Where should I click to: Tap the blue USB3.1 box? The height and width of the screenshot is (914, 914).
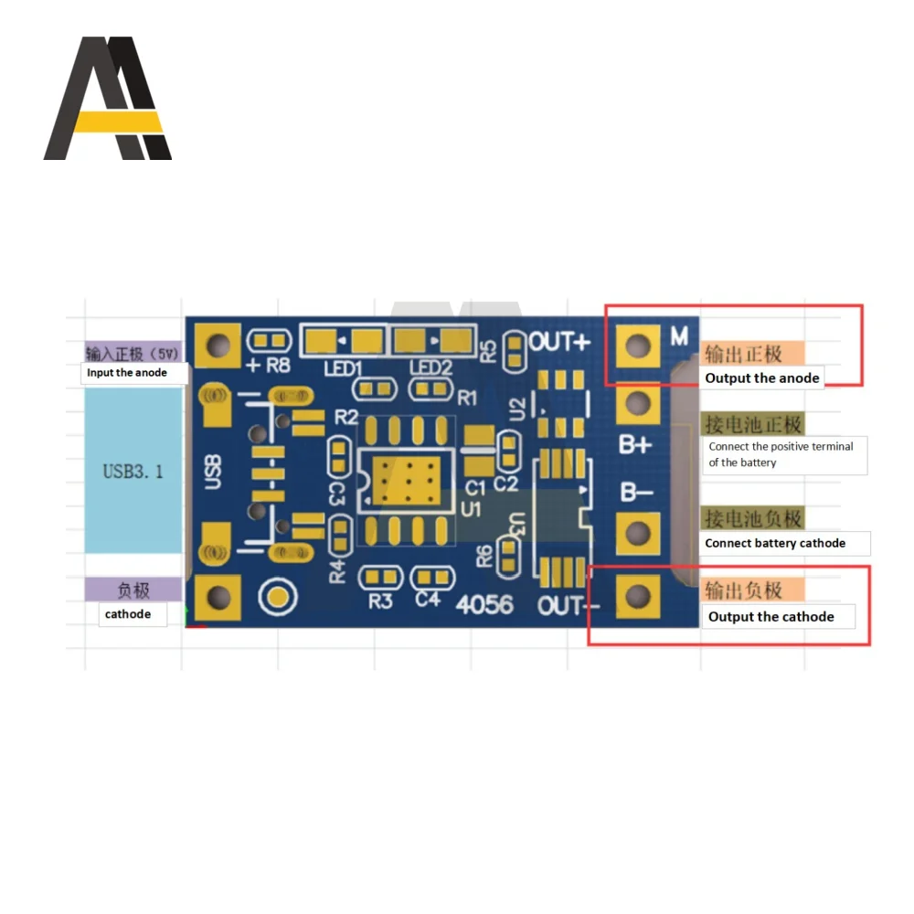pos(133,471)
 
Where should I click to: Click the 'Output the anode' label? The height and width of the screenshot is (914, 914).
pos(762,377)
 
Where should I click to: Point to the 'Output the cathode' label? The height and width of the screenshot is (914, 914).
pos(771,617)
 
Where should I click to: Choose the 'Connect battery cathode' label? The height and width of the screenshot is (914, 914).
pos(775,543)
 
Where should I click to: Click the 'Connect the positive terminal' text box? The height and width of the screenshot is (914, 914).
pos(781,454)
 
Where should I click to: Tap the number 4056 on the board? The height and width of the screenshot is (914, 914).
pos(484,604)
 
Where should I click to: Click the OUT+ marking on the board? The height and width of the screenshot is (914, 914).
pos(560,342)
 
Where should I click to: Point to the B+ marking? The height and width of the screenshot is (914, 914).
pos(635,445)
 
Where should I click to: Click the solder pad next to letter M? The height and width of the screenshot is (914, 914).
pos(638,345)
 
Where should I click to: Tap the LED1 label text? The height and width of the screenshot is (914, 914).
pos(343,367)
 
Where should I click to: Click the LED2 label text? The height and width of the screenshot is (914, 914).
pos(430,367)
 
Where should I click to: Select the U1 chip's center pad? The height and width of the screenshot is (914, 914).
pos(402,476)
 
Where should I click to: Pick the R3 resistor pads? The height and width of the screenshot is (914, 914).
pos(380,578)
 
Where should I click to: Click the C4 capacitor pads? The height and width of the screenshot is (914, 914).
pos(428,578)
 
